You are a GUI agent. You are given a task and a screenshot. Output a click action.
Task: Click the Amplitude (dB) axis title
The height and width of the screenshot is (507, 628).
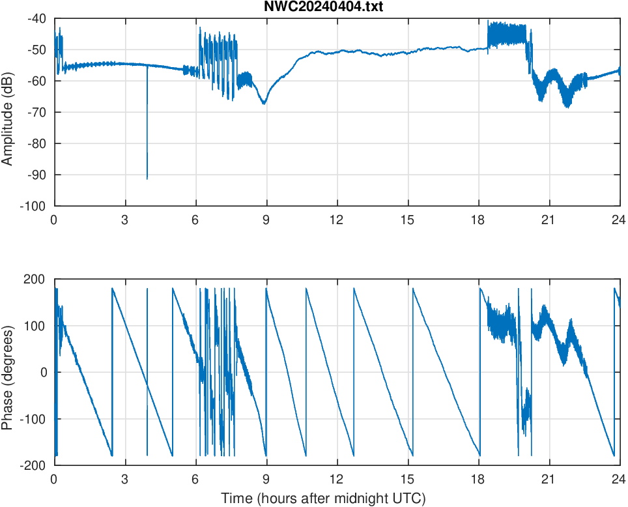click(8, 112)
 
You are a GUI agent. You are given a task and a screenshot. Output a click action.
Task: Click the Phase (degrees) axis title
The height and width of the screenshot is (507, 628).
click(8, 372)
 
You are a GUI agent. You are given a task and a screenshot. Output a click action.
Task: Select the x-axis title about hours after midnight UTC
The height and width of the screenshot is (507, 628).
click(323, 499)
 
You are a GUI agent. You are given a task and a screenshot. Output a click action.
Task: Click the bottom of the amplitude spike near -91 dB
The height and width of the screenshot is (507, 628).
click(147, 179)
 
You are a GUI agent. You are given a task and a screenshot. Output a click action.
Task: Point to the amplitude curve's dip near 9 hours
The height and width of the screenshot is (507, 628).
click(264, 104)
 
